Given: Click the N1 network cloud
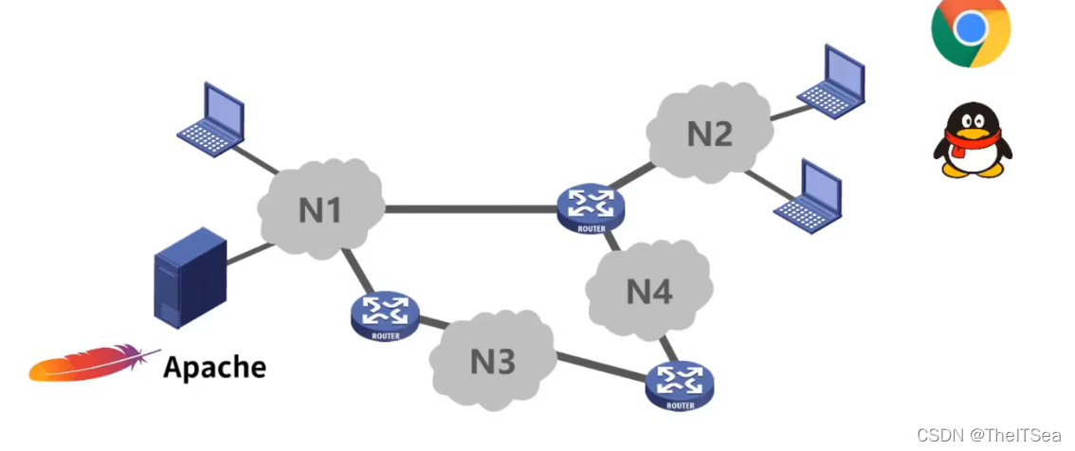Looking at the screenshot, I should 320,209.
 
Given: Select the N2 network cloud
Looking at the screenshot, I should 710,134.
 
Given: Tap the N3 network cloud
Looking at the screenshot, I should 493,361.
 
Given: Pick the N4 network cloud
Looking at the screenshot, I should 649,291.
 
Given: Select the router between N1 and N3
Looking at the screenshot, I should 385,316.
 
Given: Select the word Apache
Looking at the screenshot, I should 214,367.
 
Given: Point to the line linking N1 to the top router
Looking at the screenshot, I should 470,208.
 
